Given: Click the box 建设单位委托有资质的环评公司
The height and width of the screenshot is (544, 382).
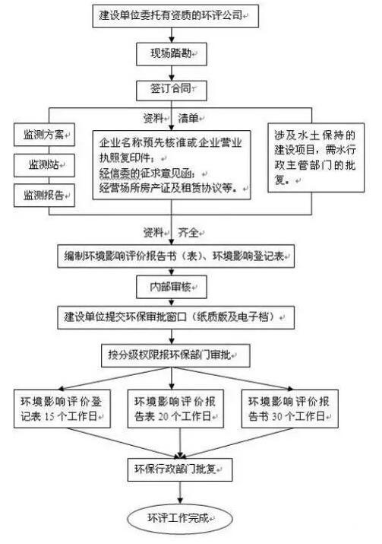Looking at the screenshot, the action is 175,16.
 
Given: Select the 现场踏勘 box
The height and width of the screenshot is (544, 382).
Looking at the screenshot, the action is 172,54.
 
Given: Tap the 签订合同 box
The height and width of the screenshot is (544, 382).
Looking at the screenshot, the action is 172,91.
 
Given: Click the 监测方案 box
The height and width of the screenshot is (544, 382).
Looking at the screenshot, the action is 44,135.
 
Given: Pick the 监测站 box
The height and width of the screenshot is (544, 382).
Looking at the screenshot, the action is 44,165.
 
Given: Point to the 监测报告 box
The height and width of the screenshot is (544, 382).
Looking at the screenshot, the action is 44,196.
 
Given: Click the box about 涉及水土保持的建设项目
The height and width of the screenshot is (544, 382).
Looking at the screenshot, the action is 316,157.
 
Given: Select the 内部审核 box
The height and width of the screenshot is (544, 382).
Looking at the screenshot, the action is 172,287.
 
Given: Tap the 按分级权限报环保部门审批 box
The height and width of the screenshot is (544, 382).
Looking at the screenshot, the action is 175,355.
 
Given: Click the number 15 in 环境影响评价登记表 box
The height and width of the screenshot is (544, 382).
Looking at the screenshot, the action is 49,416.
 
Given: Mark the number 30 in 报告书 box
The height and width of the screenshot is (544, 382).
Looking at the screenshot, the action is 277,416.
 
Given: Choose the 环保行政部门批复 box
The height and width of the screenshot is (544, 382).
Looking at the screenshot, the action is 180,469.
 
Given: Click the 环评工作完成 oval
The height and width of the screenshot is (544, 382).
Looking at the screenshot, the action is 180,519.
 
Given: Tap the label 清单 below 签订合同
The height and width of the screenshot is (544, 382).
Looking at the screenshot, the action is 188,119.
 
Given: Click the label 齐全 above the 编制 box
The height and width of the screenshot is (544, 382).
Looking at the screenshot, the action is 188,233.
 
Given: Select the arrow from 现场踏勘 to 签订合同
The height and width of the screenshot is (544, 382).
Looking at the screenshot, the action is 172,73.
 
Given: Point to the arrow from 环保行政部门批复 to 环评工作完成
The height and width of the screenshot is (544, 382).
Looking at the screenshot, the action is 180,493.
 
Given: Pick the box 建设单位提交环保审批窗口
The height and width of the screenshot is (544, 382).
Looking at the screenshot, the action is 176,317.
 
